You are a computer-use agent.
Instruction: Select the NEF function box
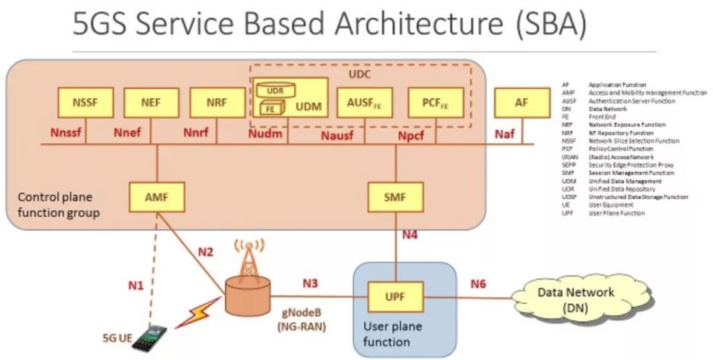coord(151,102)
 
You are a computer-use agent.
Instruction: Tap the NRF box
coord(217,102)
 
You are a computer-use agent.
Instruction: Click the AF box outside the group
coord(521,102)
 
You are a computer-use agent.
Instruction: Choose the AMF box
coord(158,196)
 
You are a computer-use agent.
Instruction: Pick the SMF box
coord(395,196)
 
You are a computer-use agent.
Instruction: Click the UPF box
coord(395,297)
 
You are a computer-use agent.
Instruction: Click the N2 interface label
coord(206,252)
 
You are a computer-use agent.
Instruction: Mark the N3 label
coord(311,283)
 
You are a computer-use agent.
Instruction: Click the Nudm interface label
coord(266,135)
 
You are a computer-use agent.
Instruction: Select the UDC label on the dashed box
coord(360,75)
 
